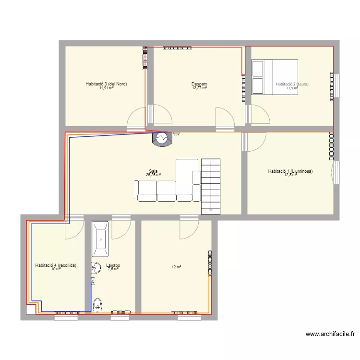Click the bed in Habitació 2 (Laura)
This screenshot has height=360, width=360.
[x=275, y=77]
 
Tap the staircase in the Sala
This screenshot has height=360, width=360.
[x=211, y=186]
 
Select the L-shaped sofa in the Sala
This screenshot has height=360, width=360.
[x=173, y=185]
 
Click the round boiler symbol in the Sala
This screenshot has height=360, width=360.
[x=161, y=138]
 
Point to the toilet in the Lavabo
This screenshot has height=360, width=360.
[x=98, y=303]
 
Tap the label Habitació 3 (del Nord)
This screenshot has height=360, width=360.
[x=106, y=84]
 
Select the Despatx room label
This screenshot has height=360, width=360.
[x=199, y=84]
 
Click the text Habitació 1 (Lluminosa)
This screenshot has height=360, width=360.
[x=290, y=171]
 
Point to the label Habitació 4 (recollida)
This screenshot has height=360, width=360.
[x=56, y=265]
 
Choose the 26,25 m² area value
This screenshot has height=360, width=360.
[x=154, y=175]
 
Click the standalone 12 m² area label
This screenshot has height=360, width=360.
[x=176, y=267]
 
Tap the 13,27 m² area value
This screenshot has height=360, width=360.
[x=199, y=88]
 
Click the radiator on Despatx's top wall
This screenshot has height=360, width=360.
[x=177, y=48]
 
